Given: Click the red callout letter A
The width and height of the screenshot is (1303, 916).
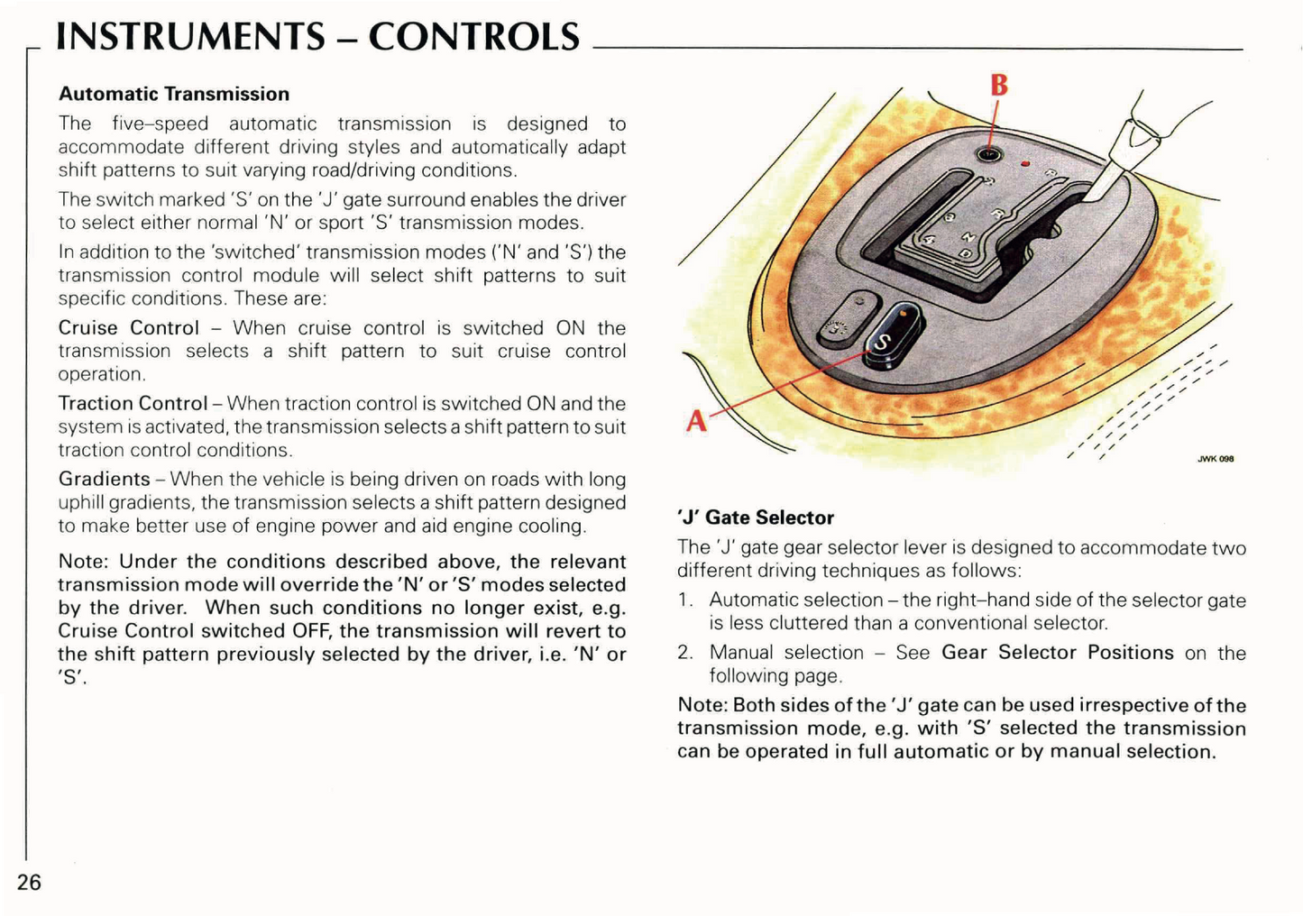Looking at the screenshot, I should [696, 420].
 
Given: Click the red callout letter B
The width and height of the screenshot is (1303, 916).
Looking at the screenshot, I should [999, 85].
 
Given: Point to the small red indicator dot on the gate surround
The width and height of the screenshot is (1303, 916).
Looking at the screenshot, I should [1025, 164].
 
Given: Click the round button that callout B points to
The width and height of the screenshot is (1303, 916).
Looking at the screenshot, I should [989, 154].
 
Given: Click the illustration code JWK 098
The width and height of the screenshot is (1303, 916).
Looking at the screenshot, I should [1215, 459].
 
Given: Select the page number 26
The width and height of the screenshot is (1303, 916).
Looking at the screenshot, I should [29, 882].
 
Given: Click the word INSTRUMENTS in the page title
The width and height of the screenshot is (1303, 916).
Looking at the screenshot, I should [190, 37].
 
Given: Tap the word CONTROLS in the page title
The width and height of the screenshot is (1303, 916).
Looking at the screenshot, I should [474, 37].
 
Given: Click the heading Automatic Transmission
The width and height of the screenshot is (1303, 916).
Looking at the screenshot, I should [174, 94].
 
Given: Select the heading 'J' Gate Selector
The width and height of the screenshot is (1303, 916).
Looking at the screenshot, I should [756, 518].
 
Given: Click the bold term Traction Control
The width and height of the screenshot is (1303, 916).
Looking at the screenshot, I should [133, 403].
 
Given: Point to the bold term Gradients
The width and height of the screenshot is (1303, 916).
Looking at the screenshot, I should [104, 479].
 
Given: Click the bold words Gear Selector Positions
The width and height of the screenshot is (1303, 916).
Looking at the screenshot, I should [1057, 652].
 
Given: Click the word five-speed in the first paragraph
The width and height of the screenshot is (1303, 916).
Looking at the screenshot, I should [160, 124].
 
